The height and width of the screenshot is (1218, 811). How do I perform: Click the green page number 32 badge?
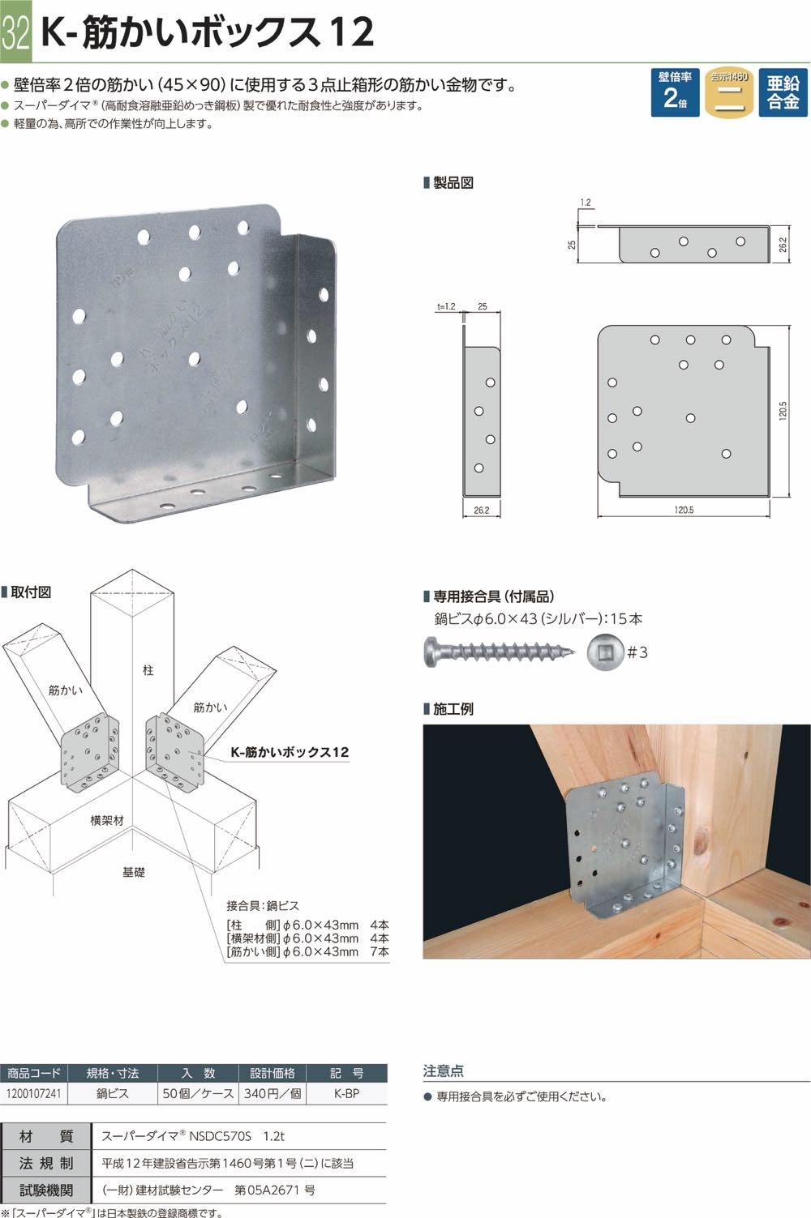15,31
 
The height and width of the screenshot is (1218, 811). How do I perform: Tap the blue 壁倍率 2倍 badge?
675,92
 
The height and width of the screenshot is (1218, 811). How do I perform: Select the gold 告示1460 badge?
729,92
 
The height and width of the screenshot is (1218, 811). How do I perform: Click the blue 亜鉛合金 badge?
783,92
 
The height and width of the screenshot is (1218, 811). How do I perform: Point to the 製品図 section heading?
453,182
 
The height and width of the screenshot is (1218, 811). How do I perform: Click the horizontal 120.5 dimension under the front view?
684,510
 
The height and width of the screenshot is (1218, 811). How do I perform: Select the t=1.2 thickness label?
446,306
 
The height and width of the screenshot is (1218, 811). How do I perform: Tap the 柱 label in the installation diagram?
148,670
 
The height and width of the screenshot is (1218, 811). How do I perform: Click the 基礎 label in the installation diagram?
133,872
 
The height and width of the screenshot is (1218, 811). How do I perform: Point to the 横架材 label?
107,820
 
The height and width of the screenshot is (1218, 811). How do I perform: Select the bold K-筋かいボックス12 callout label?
290,752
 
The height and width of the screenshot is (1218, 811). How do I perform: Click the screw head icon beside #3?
605,652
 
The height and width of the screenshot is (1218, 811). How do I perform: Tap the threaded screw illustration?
499,651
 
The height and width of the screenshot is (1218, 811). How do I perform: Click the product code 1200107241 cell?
34,1093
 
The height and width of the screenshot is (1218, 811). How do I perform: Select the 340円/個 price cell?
272,1093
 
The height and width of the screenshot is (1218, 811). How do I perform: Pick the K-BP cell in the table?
347,1093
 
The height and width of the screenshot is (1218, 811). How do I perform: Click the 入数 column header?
198,1073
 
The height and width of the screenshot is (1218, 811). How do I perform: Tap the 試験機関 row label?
46,1190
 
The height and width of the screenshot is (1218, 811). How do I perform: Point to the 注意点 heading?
443,1071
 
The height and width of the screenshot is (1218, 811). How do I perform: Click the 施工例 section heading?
453,708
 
